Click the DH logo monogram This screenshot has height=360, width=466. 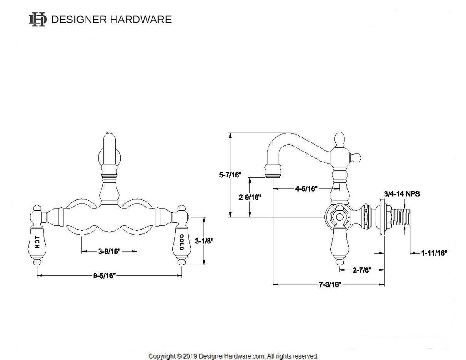(38, 20)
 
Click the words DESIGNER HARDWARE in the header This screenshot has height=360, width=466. (111, 20)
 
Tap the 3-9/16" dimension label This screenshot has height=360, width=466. (109, 251)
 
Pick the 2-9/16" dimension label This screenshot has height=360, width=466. (250, 198)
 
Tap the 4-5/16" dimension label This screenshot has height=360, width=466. (306, 188)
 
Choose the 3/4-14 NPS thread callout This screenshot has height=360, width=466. (401, 193)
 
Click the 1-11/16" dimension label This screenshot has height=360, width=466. (434, 252)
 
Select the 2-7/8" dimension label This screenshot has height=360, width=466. (362, 269)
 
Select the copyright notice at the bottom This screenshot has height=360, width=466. (233, 356)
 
